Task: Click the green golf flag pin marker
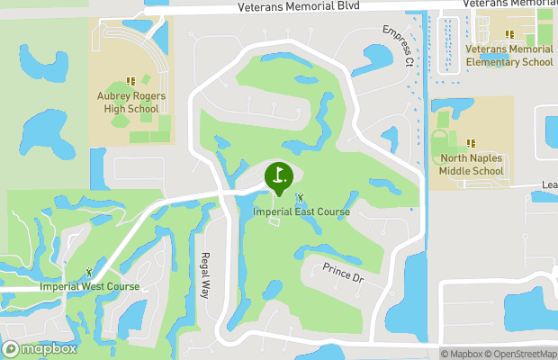pyautogui.click(x=279, y=175)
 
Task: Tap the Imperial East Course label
pyautogui.click(x=301, y=212)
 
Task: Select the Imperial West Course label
pyautogui.click(x=89, y=287)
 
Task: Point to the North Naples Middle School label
pyautogui.click(x=471, y=165)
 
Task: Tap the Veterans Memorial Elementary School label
pyautogui.click(x=509, y=56)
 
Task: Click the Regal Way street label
pyautogui.click(x=204, y=275)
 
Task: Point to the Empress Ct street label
pyautogui.click(x=397, y=48)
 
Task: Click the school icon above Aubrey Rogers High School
pyautogui.click(x=130, y=80)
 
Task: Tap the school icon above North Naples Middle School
pyautogui.click(x=471, y=143)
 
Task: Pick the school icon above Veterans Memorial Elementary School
pyautogui.click(x=509, y=34)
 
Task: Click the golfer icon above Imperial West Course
pyautogui.click(x=89, y=272)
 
